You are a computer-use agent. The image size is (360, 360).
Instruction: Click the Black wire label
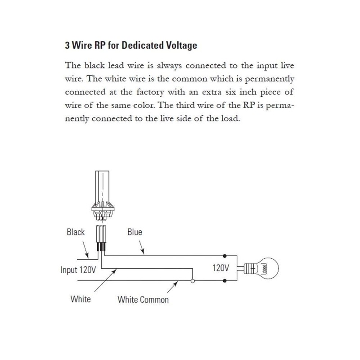pos(75,232)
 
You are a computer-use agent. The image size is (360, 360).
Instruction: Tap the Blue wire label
pos(135,232)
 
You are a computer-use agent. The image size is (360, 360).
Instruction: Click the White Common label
pos(143,299)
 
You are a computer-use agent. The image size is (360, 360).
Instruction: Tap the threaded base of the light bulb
pos(250,269)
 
